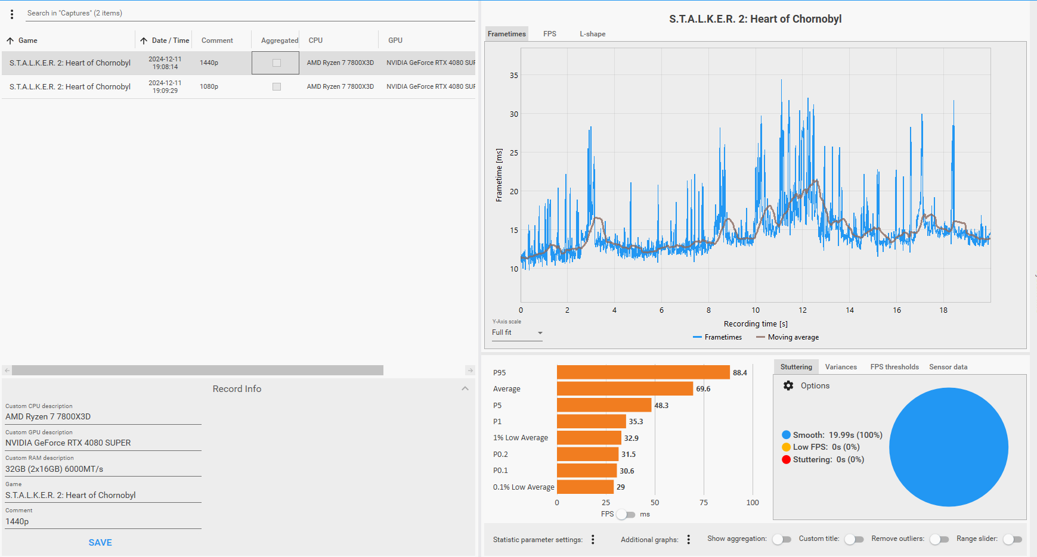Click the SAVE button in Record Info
pyautogui.click(x=100, y=542)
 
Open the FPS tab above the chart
pyautogui.click(x=550, y=34)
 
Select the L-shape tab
pyautogui.click(x=592, y=34)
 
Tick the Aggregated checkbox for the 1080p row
pyautogui.click(x=277, y=86)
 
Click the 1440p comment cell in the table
pyautogui.click(x=209, y=63)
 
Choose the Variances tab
pyautogui.click(x=841, y=367)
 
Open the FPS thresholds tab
pyautogui.click(x=894, y=367)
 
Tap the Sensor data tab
pyautogui.click(x=948, y=367)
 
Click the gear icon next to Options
pyautogui.click(x=788, y=385)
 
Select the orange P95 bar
pyautogui.click(x=643, y=372)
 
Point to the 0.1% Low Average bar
pyautogui.click(x=585, y=487)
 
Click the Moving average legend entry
pyautogui.click(x=787, y=337)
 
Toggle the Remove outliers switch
pyautogui.click(x=939, y=539)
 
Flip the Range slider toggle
pyautogui.click(x=1013, y=539)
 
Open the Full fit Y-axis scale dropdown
pyautogui.click(x=517, y=332)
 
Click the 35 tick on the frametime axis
pyautogui.click(x=514, y=76)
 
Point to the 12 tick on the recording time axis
pyautogui.click(x=803, y=310)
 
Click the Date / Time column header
pyautogui.click(x=171, y=41)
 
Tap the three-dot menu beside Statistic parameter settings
pyautogui.click(x=593, y=539)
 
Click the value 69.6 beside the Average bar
pyautogui.click(x=703, y=389)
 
